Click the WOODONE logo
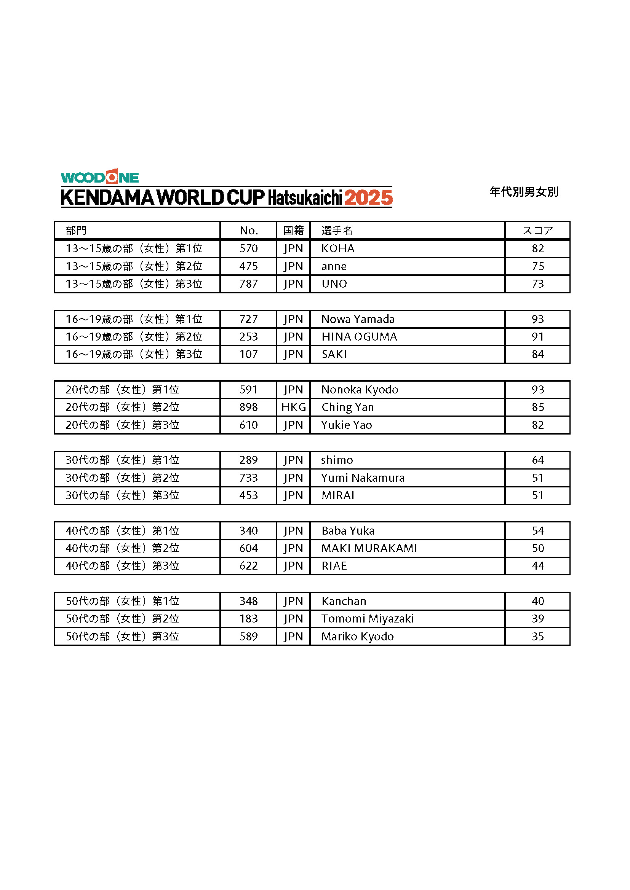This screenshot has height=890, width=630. tap(100, 177)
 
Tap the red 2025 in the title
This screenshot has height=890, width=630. tap(368, 198)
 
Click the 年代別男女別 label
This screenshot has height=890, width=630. tap(524, 192)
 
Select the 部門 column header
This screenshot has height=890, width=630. tap(76, 231)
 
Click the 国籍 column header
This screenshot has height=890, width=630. tap(293, 231)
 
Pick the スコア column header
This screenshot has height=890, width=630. tap(537, 231)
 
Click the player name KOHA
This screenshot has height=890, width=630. tap(337, 248)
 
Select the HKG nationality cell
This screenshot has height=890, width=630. tap(293, 407)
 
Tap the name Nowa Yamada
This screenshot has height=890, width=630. tap(358, 319)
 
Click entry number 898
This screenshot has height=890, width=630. tap(248, 407)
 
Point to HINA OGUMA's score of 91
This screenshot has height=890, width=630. tap(537, 336)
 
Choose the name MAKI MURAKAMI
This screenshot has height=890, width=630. tap(369, 548)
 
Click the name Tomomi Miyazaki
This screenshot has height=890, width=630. tap(367, 618)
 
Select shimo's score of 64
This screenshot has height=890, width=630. tap(537, 460)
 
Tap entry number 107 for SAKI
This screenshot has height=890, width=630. tap(248, 354)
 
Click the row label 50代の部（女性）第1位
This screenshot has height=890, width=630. tap(123, 601)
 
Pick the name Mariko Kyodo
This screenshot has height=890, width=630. tap(357, 636)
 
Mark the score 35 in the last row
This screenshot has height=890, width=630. tap(537, 636)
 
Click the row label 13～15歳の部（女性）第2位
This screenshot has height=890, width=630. tap(134, 266)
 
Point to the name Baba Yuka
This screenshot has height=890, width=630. tap(348, 530)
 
